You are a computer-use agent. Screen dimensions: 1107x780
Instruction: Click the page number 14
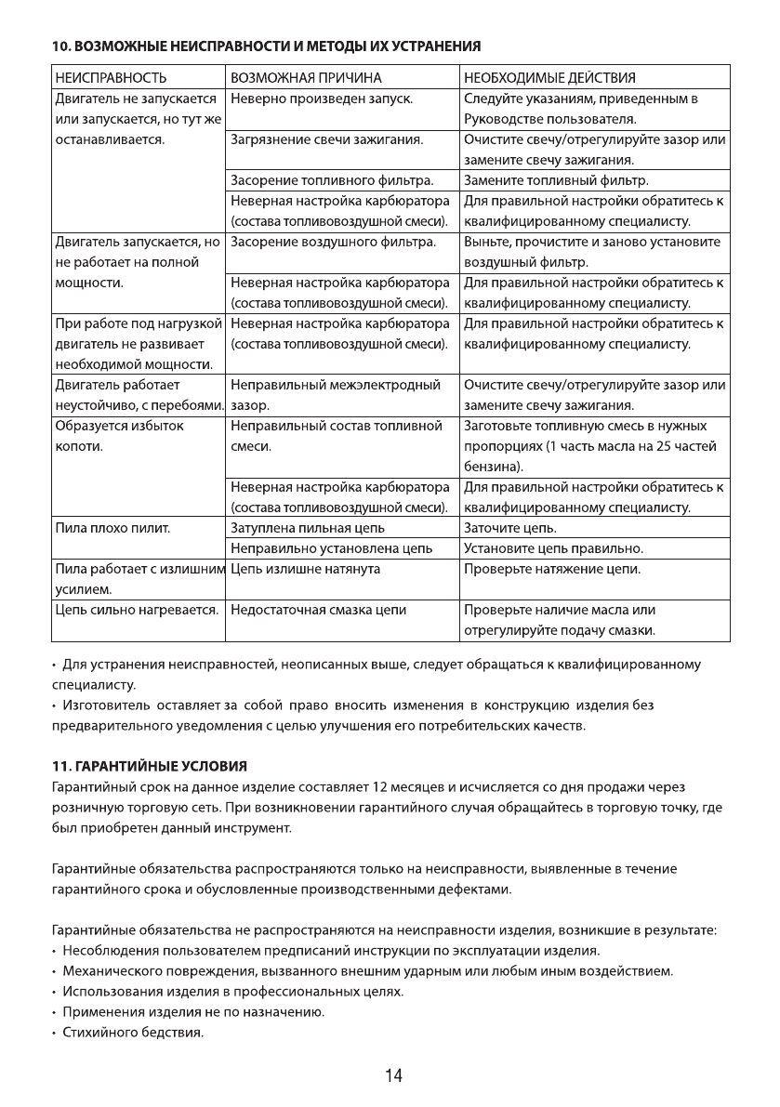(393, 1075)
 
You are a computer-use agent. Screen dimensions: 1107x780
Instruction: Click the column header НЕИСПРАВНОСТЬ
(111, 76)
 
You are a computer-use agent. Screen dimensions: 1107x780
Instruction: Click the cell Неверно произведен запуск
(322, 99)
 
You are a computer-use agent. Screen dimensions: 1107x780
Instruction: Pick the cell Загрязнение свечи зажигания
(327, 140)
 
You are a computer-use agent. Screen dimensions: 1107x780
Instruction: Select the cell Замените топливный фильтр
(556, 180)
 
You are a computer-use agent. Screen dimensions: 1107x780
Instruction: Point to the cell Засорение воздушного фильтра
(333, 243)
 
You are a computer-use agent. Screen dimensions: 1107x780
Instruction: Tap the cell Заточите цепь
(509, 528)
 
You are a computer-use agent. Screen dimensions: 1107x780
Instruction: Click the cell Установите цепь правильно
(553, 548)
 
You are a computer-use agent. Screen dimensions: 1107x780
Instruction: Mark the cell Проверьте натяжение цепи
(551, 569)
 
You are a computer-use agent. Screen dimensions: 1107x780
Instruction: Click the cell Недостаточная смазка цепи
(318, 610)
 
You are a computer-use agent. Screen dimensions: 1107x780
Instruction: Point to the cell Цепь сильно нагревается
(136, 610)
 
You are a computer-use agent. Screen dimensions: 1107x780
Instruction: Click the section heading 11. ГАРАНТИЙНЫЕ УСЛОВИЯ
(148, 766)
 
